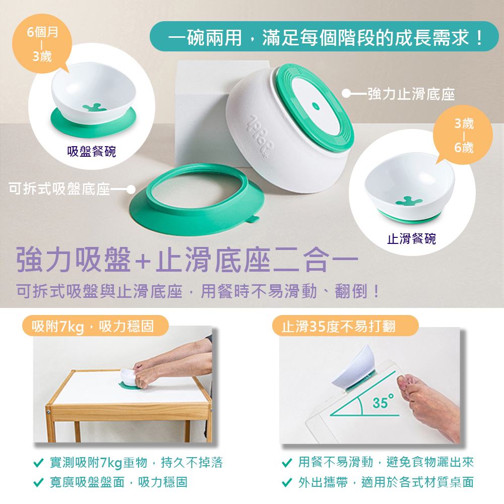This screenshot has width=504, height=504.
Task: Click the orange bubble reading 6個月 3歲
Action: [x=42, y=43]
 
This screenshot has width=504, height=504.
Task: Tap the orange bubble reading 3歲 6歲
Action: [x=463, y=135]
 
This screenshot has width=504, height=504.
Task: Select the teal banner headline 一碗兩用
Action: [x=324, y=37]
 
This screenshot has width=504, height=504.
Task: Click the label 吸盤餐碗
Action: [x=92, y=151]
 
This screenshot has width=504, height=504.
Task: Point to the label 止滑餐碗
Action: [x=411, y=239]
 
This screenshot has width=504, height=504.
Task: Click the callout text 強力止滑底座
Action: [x=411, y=94]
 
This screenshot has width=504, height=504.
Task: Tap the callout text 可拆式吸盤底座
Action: [x=59, y=188]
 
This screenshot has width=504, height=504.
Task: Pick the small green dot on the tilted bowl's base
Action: [x=316, y=106]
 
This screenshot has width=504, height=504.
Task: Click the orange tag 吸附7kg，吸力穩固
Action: [x=95, y=326]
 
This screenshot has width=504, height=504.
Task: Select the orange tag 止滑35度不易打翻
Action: [x=345, y=326]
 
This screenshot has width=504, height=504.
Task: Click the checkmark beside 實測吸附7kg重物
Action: [x=39, y=463]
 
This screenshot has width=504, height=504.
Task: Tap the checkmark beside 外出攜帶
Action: [x=287, y=482]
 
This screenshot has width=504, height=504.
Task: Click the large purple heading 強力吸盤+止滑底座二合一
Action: [x=187, y=260]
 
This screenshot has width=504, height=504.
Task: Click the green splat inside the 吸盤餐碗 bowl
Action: [x=95, y=107]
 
